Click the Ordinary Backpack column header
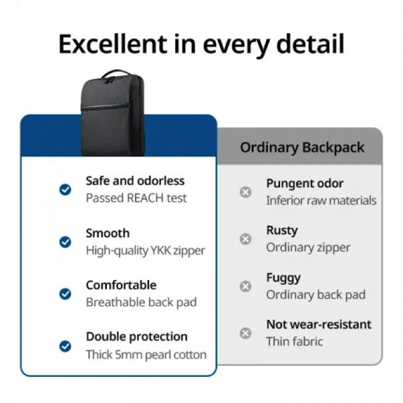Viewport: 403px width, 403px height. coord(302,148)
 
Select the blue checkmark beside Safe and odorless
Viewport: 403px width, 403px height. coord(65,190)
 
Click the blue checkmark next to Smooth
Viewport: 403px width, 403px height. coord(65,242)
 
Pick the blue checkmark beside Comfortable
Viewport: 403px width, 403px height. coord(65,294)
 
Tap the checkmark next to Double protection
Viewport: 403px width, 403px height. coord(65,346)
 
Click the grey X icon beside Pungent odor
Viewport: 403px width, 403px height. coord(246,192)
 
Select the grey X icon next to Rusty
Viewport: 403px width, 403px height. coord(246,239)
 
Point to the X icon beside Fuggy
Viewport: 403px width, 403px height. coord(246,286)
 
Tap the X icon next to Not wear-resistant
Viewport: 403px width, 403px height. coord(246,333)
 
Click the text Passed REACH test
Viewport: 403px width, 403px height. coord(136,198)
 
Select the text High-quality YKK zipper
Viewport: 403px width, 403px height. coord(145,251)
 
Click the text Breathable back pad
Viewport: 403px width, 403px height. coord(141,302)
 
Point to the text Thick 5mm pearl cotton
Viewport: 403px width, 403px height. coord(146,355)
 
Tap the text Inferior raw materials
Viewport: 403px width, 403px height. coord(321,200)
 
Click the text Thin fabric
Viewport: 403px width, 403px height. coord(294,341)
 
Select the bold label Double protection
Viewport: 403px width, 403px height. coord(136,337)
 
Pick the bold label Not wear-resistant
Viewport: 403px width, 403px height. coord(318,324)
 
